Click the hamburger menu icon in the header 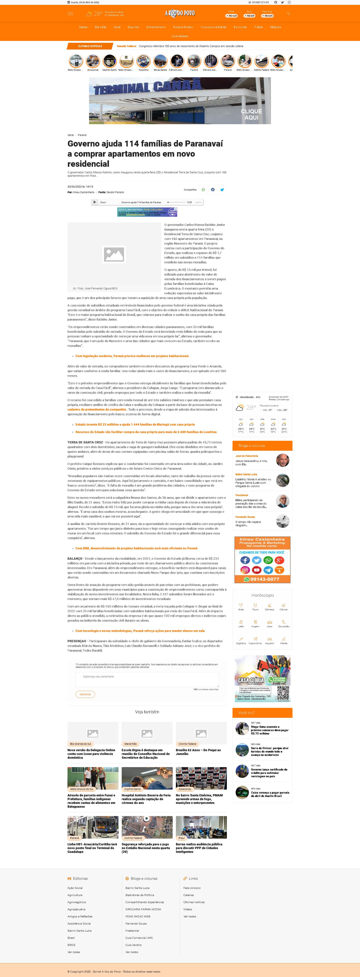click(70, 14)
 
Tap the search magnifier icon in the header click(288, 14)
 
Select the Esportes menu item click(133, 27)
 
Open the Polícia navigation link click(258, 27)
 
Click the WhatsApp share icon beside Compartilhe click(203, 190)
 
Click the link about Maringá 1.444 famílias click(135, 424)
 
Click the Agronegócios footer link click(77, 902)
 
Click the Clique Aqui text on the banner click(251, 114)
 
